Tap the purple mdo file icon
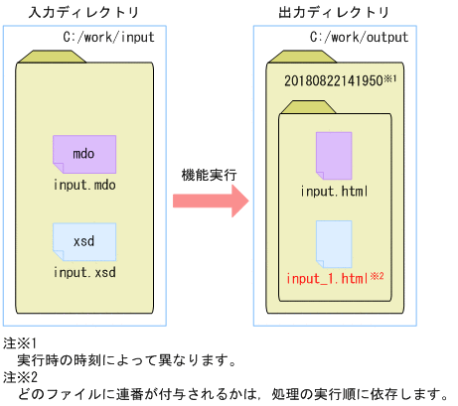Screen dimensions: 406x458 83,153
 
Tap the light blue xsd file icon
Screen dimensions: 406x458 83,241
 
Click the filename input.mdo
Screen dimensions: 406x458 84,185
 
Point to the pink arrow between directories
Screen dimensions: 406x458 210,201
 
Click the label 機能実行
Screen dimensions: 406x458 209,175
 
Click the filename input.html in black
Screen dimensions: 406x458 335,189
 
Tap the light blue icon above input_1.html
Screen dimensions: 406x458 334,241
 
